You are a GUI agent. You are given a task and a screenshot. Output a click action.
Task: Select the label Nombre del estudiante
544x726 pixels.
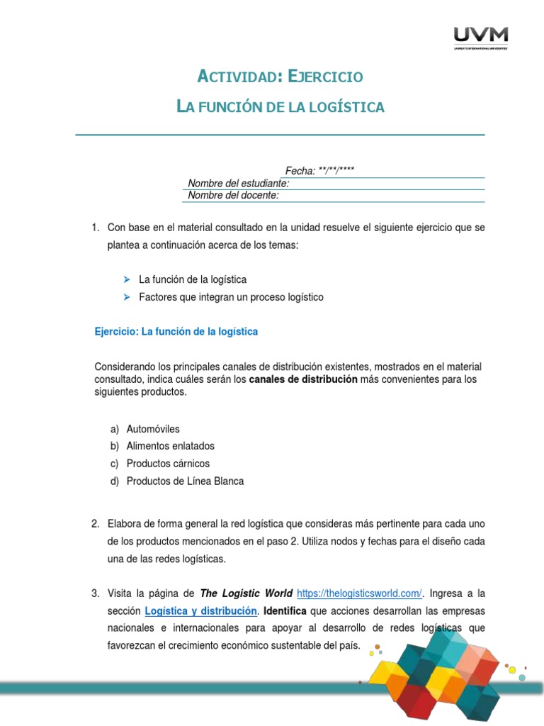238,184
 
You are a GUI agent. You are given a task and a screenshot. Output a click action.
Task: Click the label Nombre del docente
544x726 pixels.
233,195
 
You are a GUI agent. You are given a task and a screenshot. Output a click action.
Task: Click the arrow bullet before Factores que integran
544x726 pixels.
127,297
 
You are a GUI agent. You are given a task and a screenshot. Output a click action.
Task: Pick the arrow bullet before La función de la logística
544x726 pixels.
127,279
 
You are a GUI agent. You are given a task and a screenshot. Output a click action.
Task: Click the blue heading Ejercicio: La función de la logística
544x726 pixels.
176,331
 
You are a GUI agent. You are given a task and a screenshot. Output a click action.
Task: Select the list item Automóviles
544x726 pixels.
153,429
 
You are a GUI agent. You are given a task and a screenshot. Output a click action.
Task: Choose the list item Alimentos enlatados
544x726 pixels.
170,446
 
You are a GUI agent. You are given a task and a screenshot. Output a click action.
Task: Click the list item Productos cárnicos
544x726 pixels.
168,463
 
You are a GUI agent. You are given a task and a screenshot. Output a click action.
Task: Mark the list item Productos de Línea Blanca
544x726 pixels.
185,481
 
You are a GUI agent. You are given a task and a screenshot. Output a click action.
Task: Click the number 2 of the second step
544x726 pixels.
95,524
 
